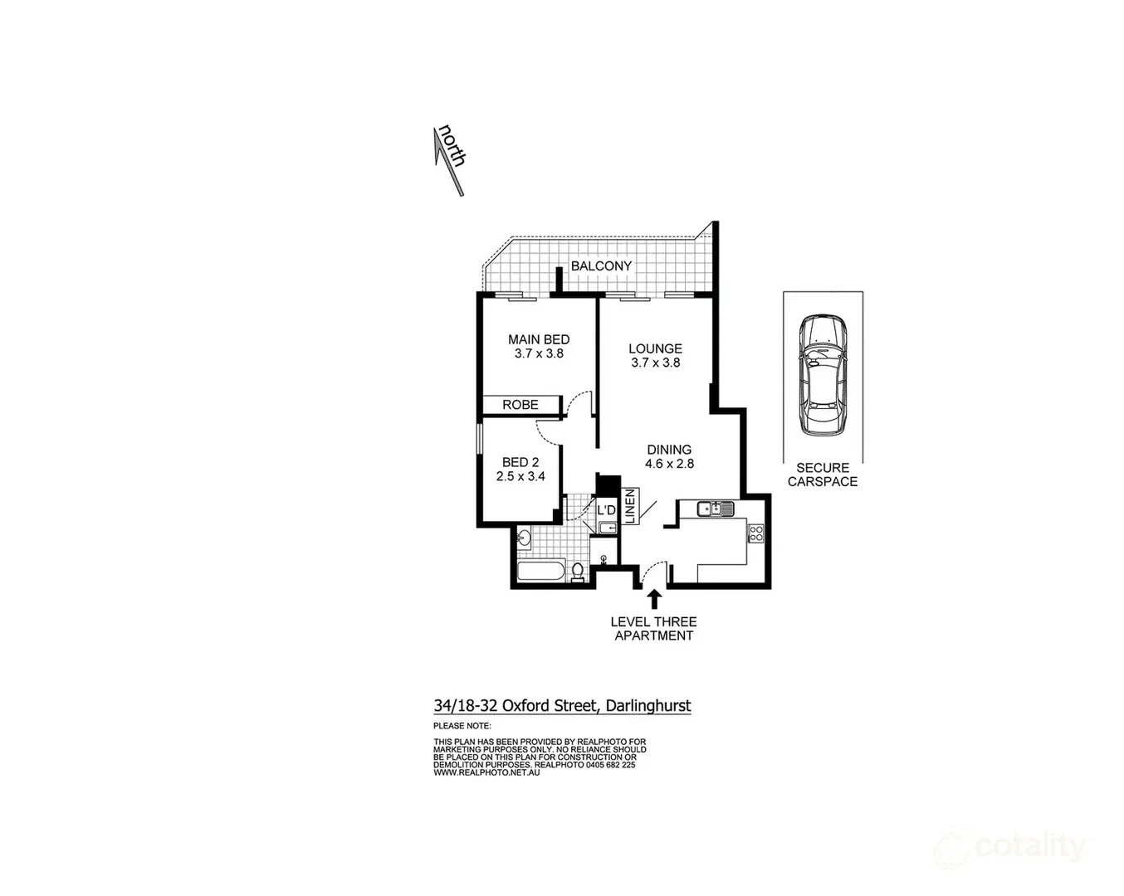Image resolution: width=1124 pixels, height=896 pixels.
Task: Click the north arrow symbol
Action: (x=449, y=161)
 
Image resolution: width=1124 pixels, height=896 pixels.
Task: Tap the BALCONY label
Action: (x=601, y=265)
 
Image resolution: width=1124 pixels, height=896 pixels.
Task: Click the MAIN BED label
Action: (x=539, y=339)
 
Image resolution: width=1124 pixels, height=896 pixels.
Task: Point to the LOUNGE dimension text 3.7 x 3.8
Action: (x=655, y=363)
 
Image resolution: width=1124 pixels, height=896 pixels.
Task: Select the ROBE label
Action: (x=520, y=405)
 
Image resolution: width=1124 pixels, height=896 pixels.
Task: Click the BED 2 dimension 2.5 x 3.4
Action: (x=520, y=476)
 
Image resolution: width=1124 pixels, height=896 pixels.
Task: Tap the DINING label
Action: (x=669, y=450)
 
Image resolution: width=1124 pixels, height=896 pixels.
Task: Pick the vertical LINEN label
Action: (x=630, y=506)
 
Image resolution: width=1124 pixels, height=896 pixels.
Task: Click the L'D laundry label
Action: (x=607, y=509)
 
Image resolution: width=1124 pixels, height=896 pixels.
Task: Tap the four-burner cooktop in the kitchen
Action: (x=755, y=533)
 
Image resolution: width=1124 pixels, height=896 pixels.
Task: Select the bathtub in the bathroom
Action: (x=540, y=571)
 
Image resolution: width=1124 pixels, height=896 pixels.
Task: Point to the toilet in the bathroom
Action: (x=578, y=571)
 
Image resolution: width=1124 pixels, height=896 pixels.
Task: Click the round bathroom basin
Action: (x=523, y=539)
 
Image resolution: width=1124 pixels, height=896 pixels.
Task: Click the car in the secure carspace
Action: (x=822, y=375)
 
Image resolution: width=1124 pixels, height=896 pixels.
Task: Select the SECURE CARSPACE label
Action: (x=823, y=475)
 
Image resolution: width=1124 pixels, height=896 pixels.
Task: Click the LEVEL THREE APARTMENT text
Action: (x=653, y=629)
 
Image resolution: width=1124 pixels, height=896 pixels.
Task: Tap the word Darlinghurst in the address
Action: (x=648, y=706)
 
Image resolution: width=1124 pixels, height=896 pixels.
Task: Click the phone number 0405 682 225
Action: (x=611, y=765)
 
